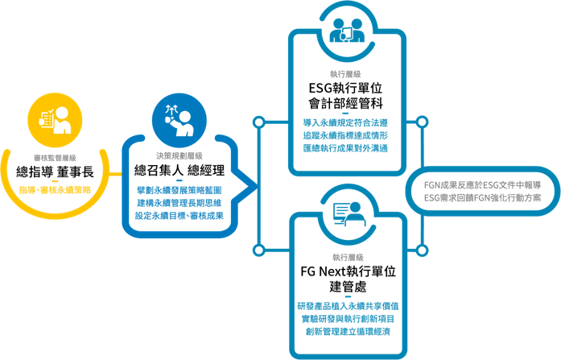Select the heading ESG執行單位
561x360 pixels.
344,88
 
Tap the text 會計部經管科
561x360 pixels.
344,104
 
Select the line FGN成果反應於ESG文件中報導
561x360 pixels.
483,184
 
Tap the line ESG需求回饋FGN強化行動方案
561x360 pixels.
483,197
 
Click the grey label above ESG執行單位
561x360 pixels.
344,74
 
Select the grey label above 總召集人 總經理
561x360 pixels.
179,156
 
